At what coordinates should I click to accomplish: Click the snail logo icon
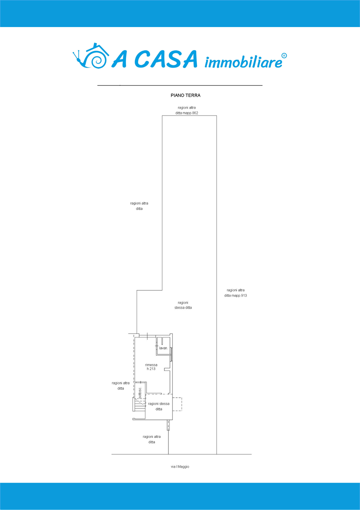(91, 55)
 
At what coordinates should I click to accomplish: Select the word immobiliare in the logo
(243, 62)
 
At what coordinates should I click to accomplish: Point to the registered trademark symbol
(284, 56)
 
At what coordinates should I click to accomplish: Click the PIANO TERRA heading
(186, 95)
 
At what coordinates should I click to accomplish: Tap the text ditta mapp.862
(187, 113)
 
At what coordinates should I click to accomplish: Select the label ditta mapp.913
(235, 296)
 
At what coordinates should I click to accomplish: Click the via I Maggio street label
(180, 467)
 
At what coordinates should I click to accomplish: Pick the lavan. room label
(163, 348)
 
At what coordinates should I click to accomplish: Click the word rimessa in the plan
(151, 365)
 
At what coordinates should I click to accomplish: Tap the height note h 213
(151, 369)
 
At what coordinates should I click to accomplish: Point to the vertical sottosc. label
(140, 392)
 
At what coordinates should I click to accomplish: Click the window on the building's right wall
(171, 354)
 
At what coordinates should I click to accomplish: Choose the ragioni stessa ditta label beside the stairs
(158, 406)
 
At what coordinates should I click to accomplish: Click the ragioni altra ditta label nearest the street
(152, 439)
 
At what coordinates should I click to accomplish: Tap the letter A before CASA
(119, 59)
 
